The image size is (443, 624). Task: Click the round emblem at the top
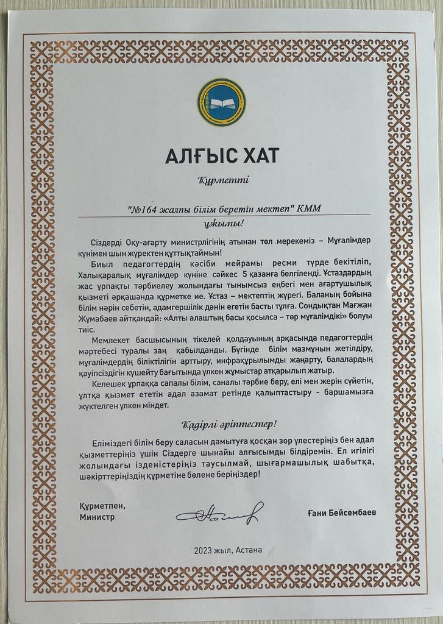[221, 102]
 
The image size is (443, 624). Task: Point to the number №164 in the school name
[146, 208]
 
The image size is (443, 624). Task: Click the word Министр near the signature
[96, 517]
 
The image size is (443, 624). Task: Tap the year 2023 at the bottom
[204, 550]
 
